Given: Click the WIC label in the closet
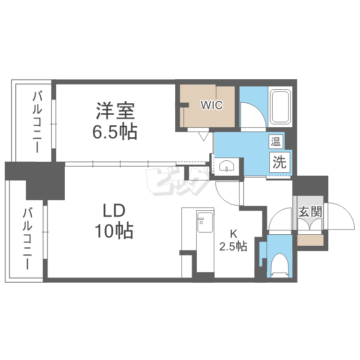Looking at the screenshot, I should (212, 105).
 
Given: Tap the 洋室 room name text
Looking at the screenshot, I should (115, 111).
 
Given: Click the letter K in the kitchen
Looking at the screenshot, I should (233, 234).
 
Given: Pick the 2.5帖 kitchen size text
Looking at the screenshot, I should (233, 247).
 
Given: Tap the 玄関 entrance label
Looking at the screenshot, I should (310, 211).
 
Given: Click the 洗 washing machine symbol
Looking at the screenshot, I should (279, 162).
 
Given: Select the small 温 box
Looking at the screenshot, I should (276, 141).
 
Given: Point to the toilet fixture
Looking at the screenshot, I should (279, 264).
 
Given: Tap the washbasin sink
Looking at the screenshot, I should (226, 166).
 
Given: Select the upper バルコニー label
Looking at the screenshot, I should (37, 122).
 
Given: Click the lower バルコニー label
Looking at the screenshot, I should (27, 238).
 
